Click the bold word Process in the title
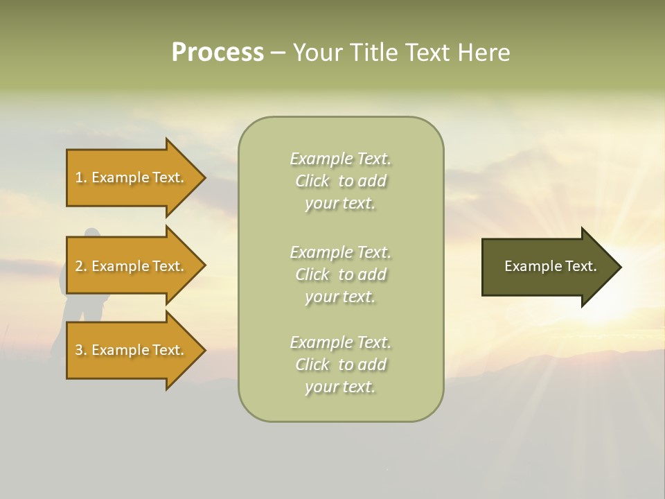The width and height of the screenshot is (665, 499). (218, 53)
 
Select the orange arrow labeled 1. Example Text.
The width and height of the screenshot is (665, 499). (132, 177)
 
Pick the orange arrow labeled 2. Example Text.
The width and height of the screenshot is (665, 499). (132, 266)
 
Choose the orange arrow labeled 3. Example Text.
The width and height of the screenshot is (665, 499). (132, 350)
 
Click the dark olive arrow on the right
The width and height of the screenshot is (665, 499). (547, 266)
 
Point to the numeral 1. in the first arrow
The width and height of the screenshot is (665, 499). (81, 177)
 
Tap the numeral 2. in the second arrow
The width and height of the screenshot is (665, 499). (81, 266)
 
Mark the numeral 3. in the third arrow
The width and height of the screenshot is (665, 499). (81, 350)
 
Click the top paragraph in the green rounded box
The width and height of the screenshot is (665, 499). (340, 181)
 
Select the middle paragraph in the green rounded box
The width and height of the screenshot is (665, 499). (340, 274)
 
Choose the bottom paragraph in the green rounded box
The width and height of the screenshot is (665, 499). (340, 365)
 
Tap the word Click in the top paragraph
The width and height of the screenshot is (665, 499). (312, 181)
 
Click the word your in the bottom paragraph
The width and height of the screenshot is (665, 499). (320, 387)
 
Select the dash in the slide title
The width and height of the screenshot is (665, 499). (278, 53)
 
